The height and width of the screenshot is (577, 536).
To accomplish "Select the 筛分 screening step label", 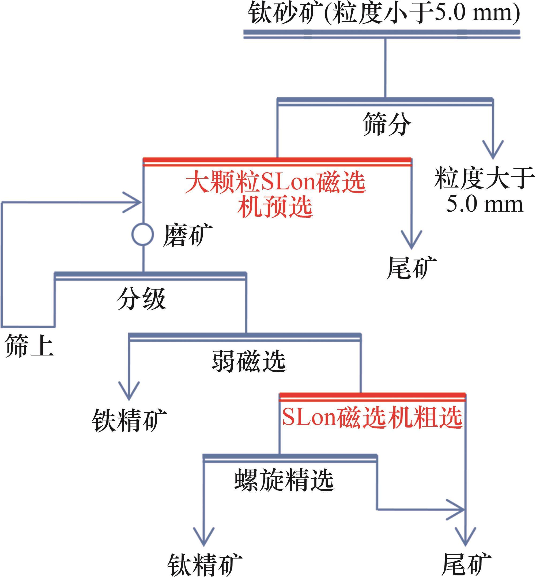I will point(387,124).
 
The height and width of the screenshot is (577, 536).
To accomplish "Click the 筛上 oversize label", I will point(29,345).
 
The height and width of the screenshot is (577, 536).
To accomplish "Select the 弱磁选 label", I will point(249,361).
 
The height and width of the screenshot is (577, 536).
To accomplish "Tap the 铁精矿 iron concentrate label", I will point(129,421).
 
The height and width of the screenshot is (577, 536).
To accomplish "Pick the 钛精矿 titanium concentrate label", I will point(205,564).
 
